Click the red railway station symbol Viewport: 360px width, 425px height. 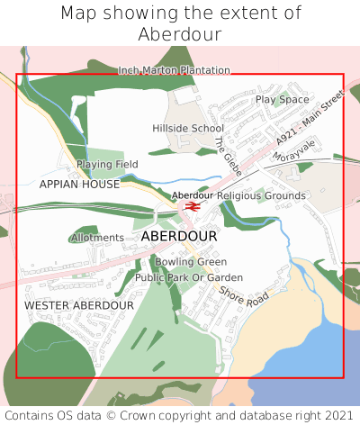coord(191,205)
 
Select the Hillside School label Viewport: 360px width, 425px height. coord(188,128)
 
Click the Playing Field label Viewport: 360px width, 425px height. coord(107,165)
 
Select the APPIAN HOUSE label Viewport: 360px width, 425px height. coord(79,184)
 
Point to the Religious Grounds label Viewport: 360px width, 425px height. coord(262,195)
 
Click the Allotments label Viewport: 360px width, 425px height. coord(97,238)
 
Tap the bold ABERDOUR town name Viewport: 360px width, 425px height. coord(179,236)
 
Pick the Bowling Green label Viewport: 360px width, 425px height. coord(191,262)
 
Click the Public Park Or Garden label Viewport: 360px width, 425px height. coord(189,277)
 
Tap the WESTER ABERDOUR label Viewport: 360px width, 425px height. coord(79,306)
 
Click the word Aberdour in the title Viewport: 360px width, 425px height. coord(180,34)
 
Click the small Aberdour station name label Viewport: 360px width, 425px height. coord(193,195)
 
